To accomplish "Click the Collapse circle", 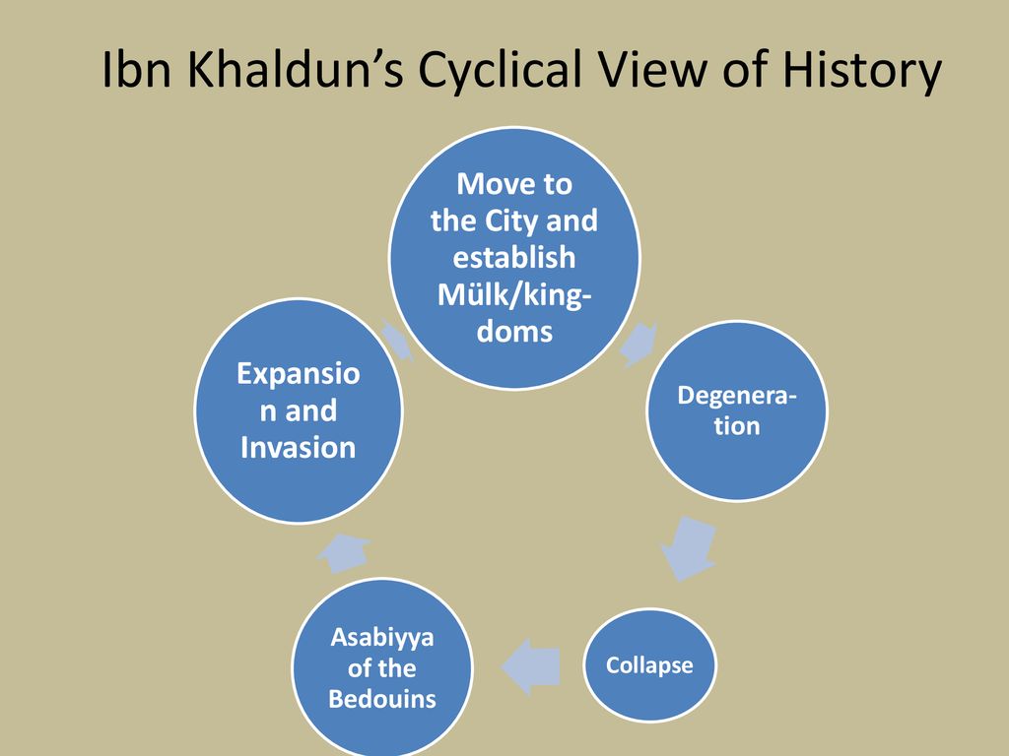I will (x=649, y=665).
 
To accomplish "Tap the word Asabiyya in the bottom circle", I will (x=382, y=638).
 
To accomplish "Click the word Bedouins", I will (x=382, y=700).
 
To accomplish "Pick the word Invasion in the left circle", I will (x=298, y=448).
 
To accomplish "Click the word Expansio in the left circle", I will (x=298, y=373).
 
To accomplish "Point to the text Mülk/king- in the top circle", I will (x=513, y=294).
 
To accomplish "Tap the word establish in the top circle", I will (x=513, y=258).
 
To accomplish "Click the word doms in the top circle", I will (x=513, y=332).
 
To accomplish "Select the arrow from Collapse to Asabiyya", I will (x=532, y=666).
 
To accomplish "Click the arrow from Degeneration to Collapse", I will (x=689, y=549).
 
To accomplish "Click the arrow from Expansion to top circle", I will (x=395, y=340).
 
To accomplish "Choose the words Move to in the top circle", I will (x=514, y=184).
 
